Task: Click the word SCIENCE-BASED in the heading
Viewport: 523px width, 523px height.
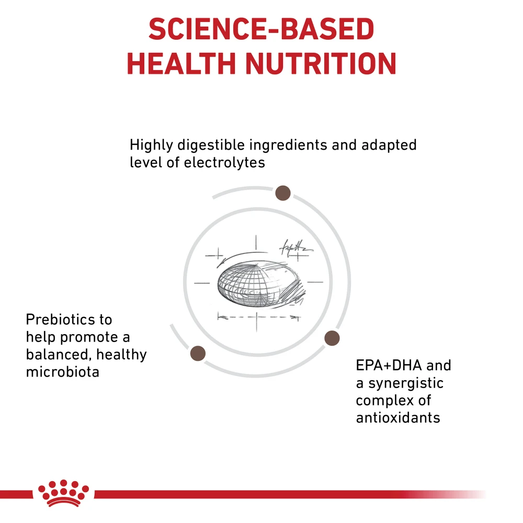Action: (x=261, y=29)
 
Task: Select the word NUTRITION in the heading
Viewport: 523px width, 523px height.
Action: (x=321, y=64)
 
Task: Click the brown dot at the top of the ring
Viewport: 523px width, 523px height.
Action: (x=283, y=193)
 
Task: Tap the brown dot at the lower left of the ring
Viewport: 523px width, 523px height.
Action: (x=198, y=353)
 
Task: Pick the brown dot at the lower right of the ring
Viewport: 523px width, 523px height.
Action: (x=332, y=338)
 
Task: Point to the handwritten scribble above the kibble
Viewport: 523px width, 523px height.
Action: (x=295, y=248)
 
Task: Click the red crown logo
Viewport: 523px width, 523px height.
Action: (x=63, y=493)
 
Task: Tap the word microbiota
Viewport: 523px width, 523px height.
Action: (x=63, y=372)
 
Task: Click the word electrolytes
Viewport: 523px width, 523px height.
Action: (x=224, y=163)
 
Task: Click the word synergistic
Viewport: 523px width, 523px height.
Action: (x=406, y=383)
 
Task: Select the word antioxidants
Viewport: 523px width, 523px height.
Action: (x=398, y=417)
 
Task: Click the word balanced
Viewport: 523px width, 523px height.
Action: (x=59, y=355)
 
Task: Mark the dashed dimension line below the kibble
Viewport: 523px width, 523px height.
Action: (x=258, y=317)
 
